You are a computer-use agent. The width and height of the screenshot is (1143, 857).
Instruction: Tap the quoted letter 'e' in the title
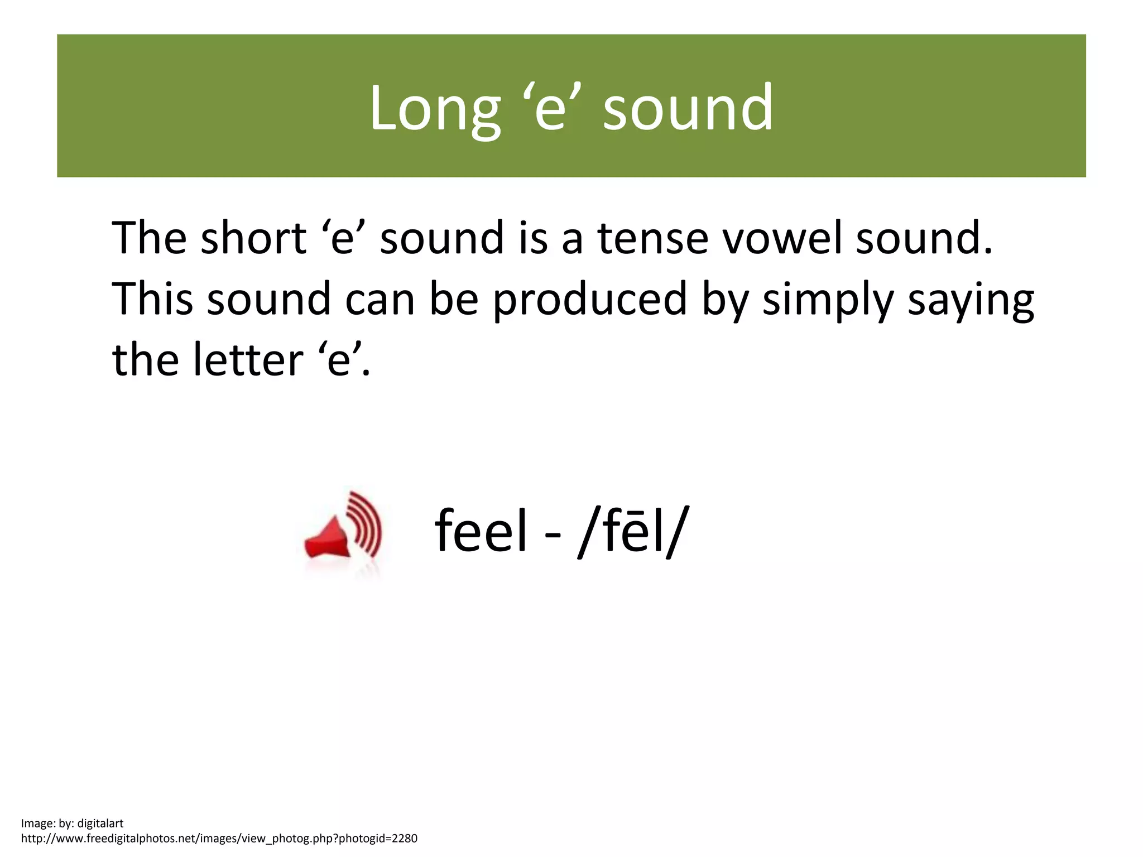click(551, 107)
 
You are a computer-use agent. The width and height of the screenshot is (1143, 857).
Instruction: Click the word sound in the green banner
click(688, 107)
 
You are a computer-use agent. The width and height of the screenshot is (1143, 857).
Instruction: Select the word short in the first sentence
click(253, 238)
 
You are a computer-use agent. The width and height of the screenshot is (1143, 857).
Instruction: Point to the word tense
click(653, 238)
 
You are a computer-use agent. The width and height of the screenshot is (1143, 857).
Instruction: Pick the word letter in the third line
click(248, 360)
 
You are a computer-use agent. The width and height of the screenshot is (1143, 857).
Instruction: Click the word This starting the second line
click(152, 299)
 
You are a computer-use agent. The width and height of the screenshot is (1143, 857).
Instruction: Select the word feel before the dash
click(481, 531)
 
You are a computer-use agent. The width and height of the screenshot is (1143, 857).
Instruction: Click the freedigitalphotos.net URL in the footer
click(219, 839)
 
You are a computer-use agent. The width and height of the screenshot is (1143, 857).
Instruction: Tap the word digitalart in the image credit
click(100, 824)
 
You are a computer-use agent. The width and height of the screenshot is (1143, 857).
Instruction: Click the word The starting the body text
click(149, 238)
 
